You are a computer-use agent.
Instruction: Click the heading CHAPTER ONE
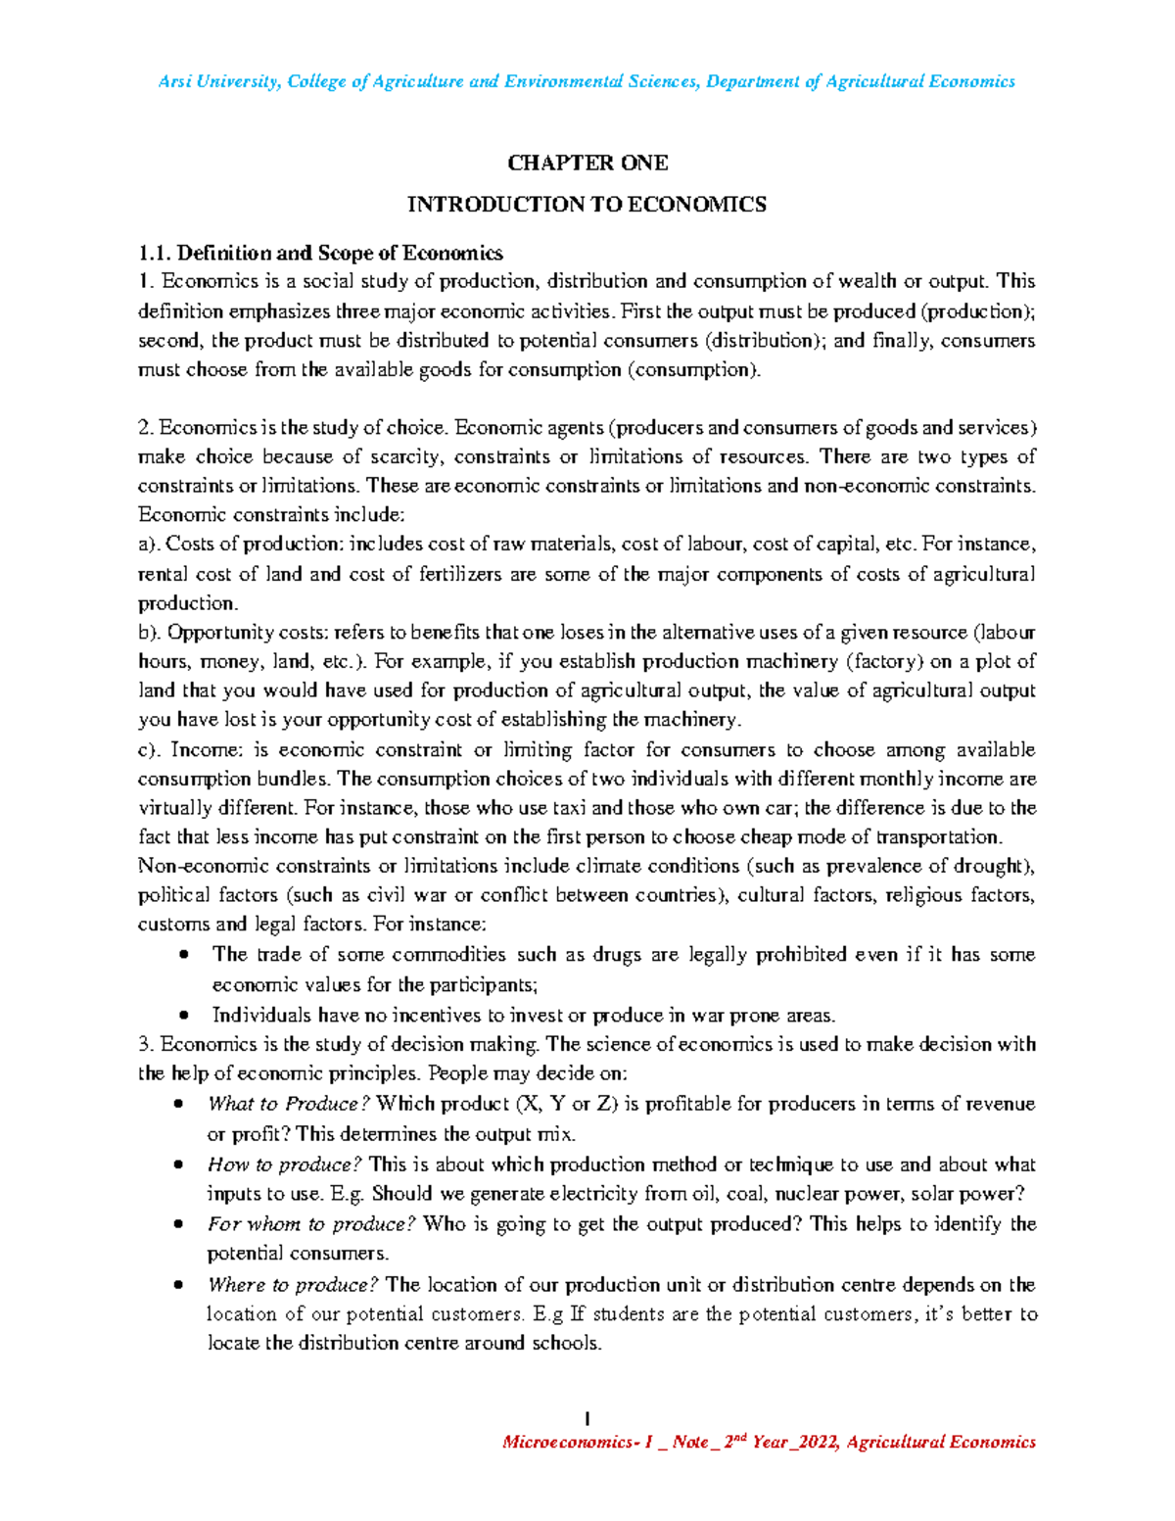click(587, 163)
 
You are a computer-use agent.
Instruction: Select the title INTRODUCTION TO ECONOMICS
click(587, 205)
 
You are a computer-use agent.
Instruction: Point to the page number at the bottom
click(587, 1417)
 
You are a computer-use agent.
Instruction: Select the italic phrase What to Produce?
click(288, 1104)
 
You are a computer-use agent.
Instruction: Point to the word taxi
click(570, 808)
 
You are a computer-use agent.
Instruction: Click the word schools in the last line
click(565, 1343)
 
